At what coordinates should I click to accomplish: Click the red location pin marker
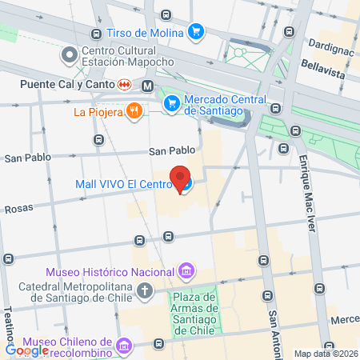click(x=182, y=178)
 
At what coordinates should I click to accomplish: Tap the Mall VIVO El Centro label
click(x=124, y=184)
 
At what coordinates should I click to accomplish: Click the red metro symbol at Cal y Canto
click(x=125, y=83)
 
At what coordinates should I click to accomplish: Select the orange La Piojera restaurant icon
click(x=135, y=112)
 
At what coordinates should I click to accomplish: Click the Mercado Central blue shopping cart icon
click(x=171, y=103)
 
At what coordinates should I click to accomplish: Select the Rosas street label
click(x=18, y=208)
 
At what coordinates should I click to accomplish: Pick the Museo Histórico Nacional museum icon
click(x=186, y=271)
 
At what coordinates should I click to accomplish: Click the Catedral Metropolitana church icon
click(x=144, y=290)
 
